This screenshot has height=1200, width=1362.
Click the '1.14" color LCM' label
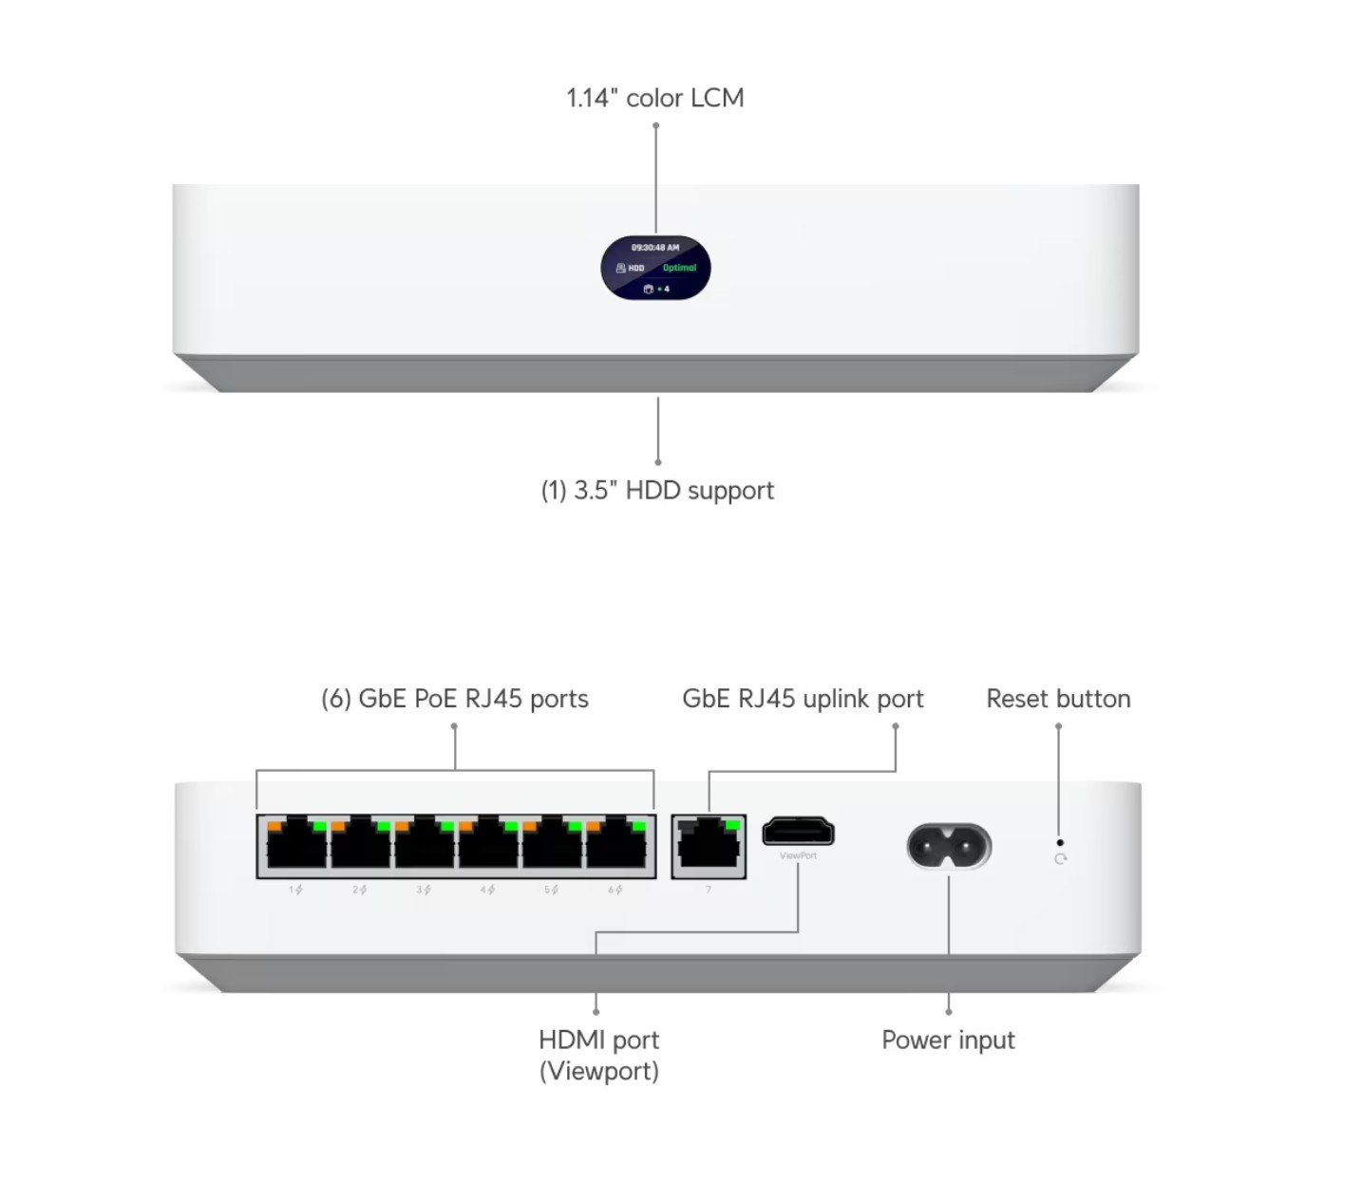click(654, 98)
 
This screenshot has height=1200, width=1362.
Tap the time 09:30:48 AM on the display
click(655, 248)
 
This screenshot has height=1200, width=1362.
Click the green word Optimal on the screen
click(679, 268)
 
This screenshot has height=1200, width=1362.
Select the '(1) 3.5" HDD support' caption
click(657, 491)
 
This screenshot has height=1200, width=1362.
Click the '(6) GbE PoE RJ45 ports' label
click(454, 700)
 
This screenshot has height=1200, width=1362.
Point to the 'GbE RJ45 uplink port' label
click(803, 700)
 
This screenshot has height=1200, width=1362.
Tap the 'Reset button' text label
click(1058, 700)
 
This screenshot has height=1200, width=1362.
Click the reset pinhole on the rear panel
click(1060, 842)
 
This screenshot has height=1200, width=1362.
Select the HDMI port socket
click(798, 833)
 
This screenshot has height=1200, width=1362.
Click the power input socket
click(949, 846)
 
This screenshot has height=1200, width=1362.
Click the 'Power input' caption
click(948, 1041)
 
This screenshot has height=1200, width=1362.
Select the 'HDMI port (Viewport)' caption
click(598, 1056)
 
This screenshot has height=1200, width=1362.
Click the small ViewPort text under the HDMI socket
click(798, 856)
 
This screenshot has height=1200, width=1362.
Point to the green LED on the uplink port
click(732, 825)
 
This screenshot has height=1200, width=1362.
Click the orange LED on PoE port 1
click(274, 827)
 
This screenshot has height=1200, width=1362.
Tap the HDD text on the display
click(636, 269)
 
